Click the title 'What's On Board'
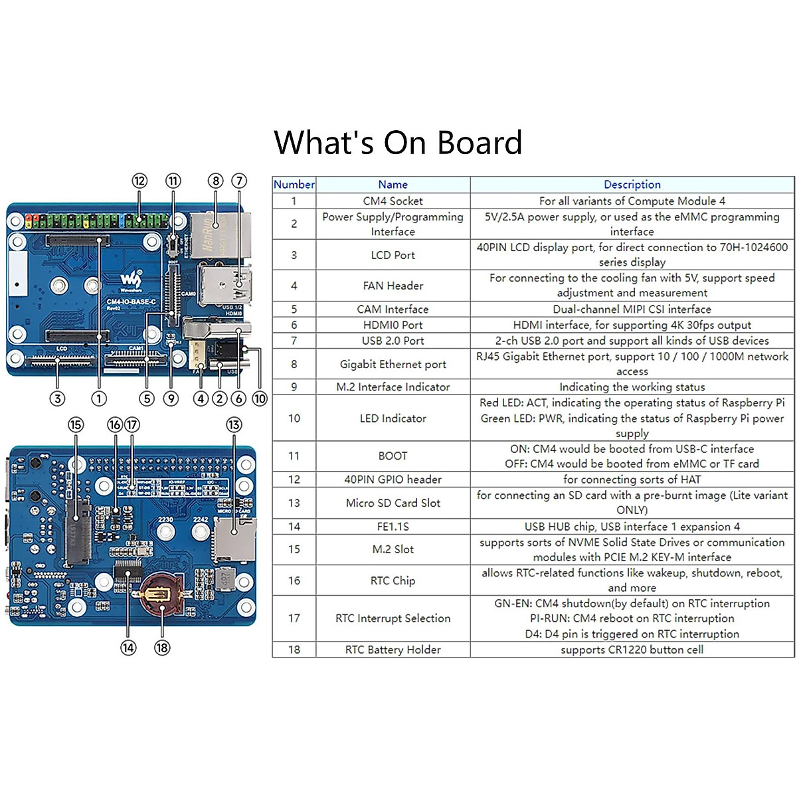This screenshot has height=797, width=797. click(398, 143)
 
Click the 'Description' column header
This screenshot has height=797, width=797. click(632, 185)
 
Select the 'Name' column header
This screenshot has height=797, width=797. click(393, 185)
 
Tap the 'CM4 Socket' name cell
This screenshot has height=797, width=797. click(393, 201)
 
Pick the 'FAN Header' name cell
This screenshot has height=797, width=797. click(393, 286)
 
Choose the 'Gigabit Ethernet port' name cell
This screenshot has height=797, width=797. click(393, 364)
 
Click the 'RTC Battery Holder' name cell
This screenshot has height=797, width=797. click(393, 650)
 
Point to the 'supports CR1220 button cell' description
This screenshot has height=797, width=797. click(632, 650)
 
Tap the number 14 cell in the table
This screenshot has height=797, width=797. click(294, 526)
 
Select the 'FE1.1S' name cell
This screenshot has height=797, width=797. click(393, 526)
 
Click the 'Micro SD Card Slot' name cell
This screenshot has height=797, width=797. click(393, 503)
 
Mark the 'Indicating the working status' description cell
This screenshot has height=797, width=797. click(632, 387)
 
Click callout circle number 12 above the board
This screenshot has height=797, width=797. click(139, 181)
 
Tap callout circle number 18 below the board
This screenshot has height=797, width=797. click(162, 648)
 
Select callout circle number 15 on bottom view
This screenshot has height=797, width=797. click(76, 424)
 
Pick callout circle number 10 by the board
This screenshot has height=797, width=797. click(260, 398)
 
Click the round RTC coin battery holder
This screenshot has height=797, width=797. click(161, 593)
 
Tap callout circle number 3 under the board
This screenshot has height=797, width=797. click(58, 398)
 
